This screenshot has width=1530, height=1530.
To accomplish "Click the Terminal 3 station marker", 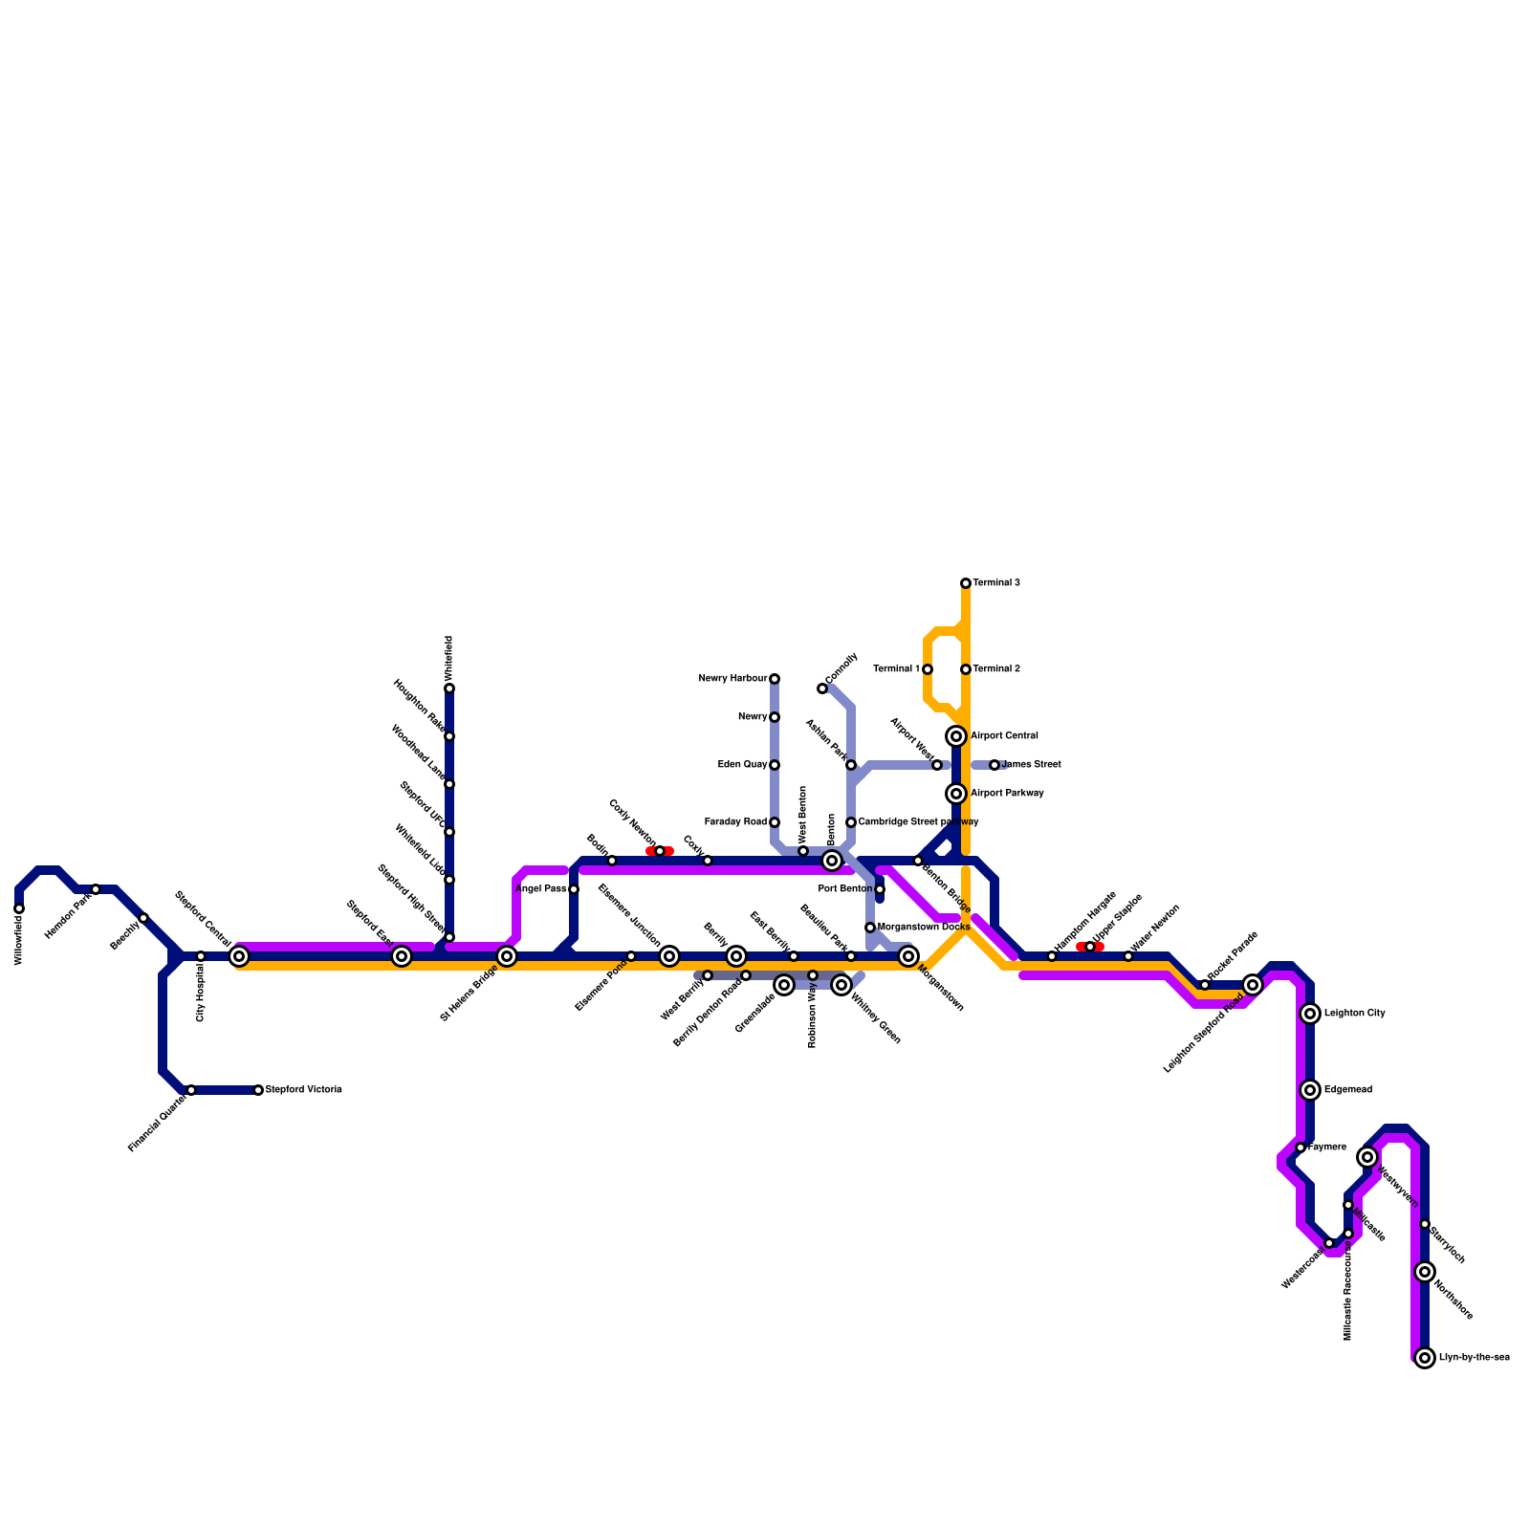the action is (x=966, y=583).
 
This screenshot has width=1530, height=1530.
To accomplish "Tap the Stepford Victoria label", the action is (x=303, y=1090).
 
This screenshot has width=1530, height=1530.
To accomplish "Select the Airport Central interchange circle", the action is (x=956, y=736).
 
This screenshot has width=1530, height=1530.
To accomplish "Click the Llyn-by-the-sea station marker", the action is (x=1425, y=1358).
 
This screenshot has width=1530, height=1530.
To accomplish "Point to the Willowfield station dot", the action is (x=19, y=908).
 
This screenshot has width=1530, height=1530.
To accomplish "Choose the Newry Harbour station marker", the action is (x=775, y=679).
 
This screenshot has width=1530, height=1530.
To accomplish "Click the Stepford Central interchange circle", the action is (x=239, y=956).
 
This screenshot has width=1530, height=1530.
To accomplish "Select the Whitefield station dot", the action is (x=449, y=688).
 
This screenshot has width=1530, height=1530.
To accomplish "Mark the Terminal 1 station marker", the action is (x=928, y=669).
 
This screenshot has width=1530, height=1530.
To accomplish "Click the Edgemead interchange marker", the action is (x=1310, y=1090).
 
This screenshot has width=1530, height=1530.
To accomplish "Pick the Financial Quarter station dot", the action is (x=191, y=1090).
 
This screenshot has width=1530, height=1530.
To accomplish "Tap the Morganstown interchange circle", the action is (x=908, y=956).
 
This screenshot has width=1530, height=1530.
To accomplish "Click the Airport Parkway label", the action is (x=1007, y=794).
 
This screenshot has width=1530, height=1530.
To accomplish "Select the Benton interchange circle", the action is (x=832, y=861).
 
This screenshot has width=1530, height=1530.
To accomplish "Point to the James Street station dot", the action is (x=994, y=765).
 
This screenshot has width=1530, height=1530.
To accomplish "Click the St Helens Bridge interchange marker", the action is (x=507, y=956).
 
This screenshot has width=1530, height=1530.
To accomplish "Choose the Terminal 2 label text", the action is (x=996, y=669).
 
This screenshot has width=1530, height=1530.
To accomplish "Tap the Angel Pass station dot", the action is (x=574, y=889).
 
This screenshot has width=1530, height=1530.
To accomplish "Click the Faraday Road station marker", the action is (x=775, y=822).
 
